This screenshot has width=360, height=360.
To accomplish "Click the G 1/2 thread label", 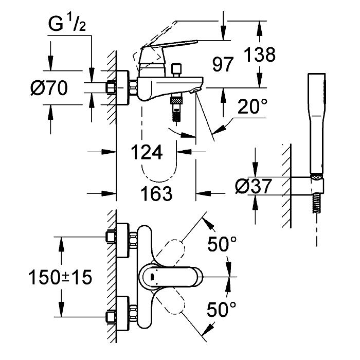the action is [67, 24].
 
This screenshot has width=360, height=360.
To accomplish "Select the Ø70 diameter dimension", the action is [49, 88].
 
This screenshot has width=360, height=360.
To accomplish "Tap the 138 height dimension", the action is [260, 55].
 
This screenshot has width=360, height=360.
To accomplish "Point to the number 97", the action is [223, 64].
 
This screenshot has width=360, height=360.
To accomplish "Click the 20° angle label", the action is [252, 106].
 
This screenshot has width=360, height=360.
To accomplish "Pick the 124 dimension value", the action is [147, 152].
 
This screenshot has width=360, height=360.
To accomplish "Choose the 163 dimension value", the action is [156, 193].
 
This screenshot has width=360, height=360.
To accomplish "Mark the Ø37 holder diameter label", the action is [254, 186].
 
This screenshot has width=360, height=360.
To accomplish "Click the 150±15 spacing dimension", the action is [60, 277].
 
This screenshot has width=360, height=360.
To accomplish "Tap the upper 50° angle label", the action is [222, 244].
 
